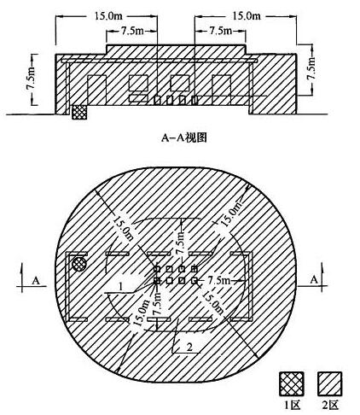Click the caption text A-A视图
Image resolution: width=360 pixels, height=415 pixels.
[184, 137]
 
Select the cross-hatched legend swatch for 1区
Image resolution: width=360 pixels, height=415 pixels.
[292, 384]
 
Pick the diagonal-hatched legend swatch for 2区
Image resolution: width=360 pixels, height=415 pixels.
[329, 384]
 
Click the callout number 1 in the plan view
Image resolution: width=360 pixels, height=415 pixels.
[121, 286]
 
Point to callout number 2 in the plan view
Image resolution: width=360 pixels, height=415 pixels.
[189, 347]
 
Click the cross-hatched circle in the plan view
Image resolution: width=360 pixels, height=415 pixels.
[79, 265]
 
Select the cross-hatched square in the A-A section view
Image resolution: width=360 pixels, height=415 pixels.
[79, 113]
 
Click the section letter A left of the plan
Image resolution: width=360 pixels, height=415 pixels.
[36, 281]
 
